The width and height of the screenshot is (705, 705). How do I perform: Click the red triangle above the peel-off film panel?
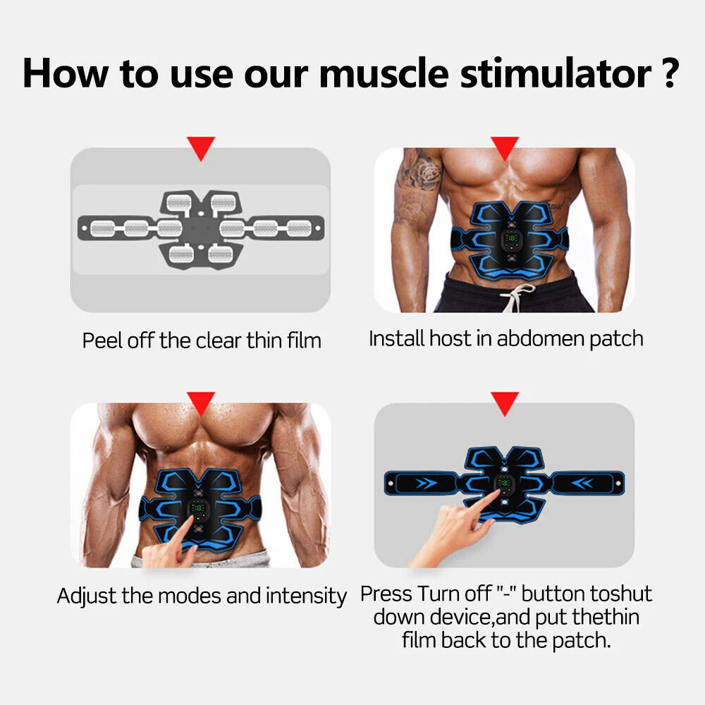[x=201, y=149]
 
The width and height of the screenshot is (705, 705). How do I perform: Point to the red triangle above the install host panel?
[x=505, y=149]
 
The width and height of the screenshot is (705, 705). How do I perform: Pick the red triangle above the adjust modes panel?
[x=201, y=404]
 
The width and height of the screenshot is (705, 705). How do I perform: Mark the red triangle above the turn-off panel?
[x=505, y=404]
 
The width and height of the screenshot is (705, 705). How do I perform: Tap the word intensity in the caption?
[x=306, y=596]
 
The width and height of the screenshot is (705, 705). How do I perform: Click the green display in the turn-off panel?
[x=504, y=482]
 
